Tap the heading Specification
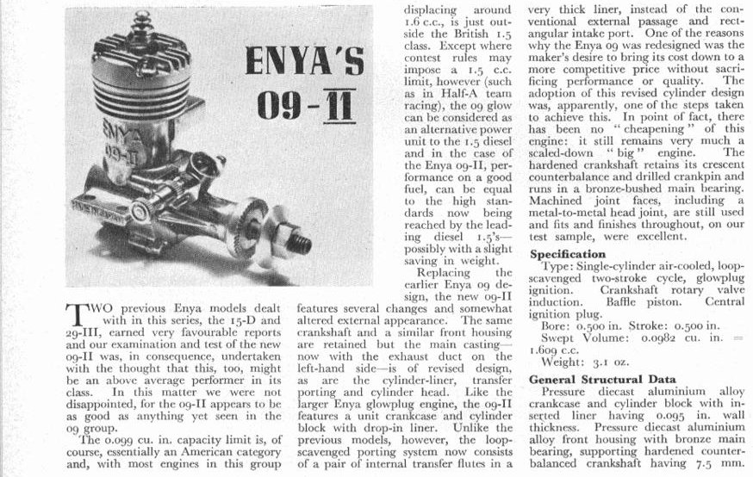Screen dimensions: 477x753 [569, 254]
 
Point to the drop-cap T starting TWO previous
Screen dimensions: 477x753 [78, 311]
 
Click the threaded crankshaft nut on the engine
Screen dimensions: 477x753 [296, 242]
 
